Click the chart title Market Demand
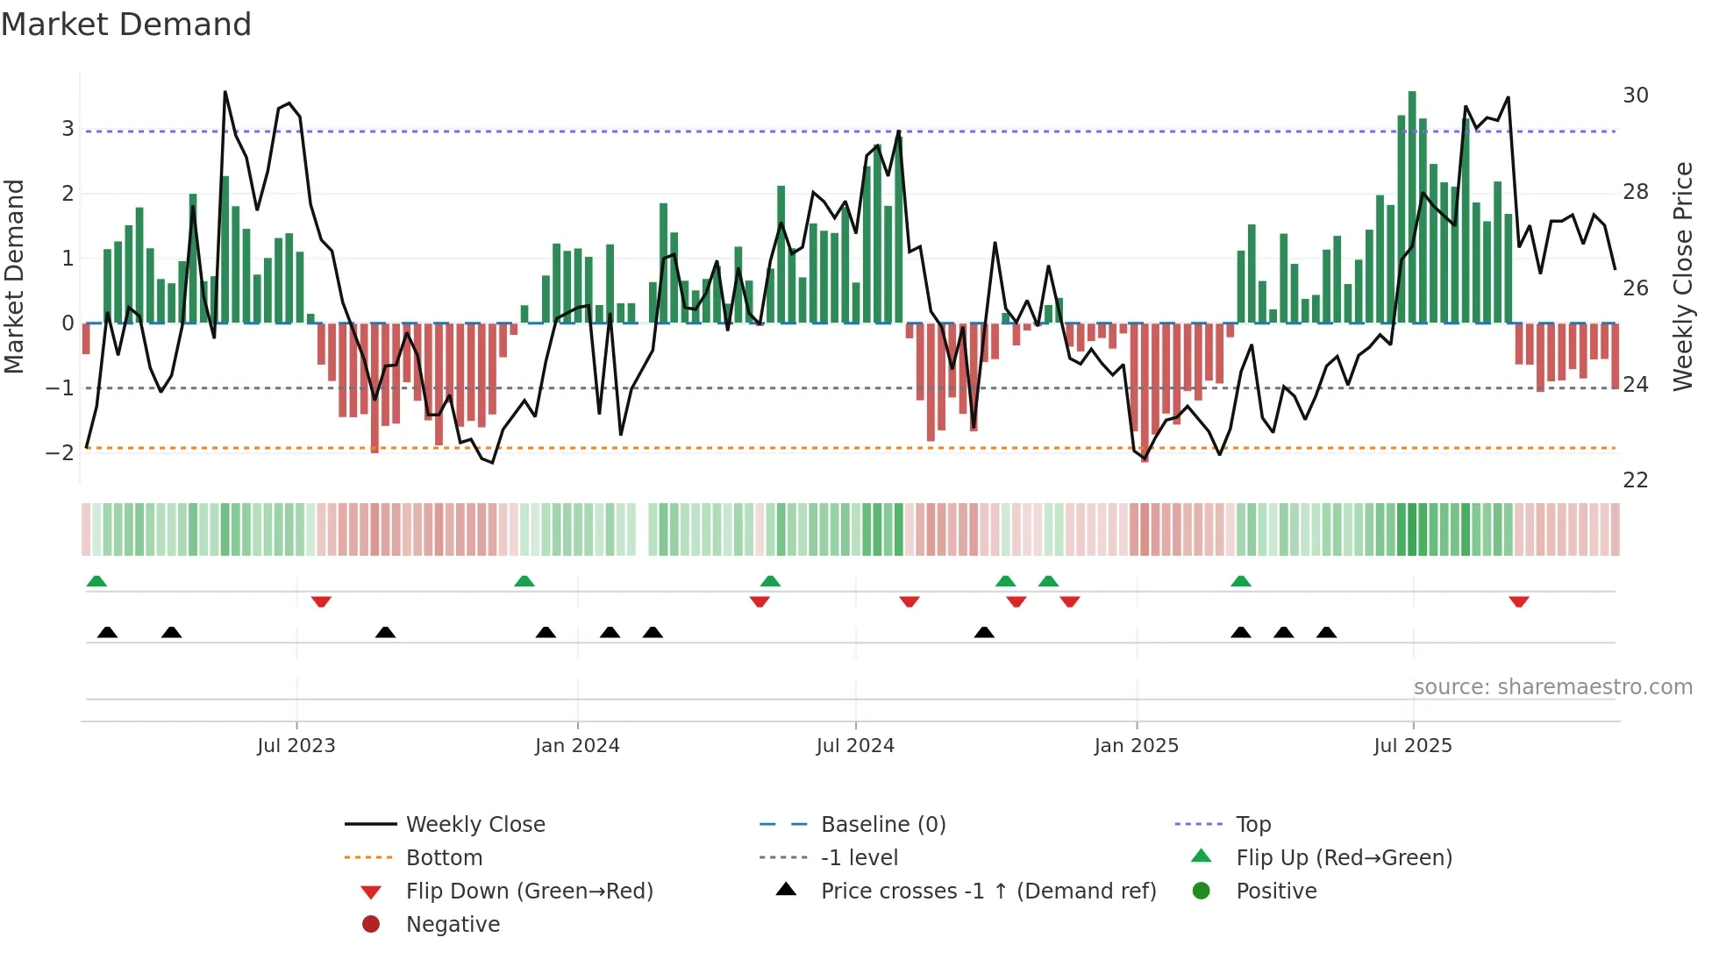pyautogui.click(x=126, y=25)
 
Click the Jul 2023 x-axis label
pyautogui.click(x=296, y=746)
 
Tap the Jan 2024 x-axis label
pyautogui.click(x=577, y=746)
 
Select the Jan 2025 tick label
pyautogui.click(x=1137, y=746)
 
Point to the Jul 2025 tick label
pyautogui.click(x=1413, y=746)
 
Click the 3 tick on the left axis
pyautogui.click(x=68, y=129)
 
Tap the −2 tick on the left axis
pyautogui.click(x=61, y=453)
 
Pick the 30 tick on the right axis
pyautogui.click(x=1636, y=96)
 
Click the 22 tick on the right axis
pyautogui.click(x=1636, y=480)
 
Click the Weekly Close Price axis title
pyautogui.click(x=1682, y=276)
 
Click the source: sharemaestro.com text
pyautogui.click(x=1552, y=687)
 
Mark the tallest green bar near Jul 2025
pyautogui.click(x=1412, y=207)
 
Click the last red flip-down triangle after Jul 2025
pyautogui.click(x=1519, y=601)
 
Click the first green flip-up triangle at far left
pyautogui.click(x=96, y=581)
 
